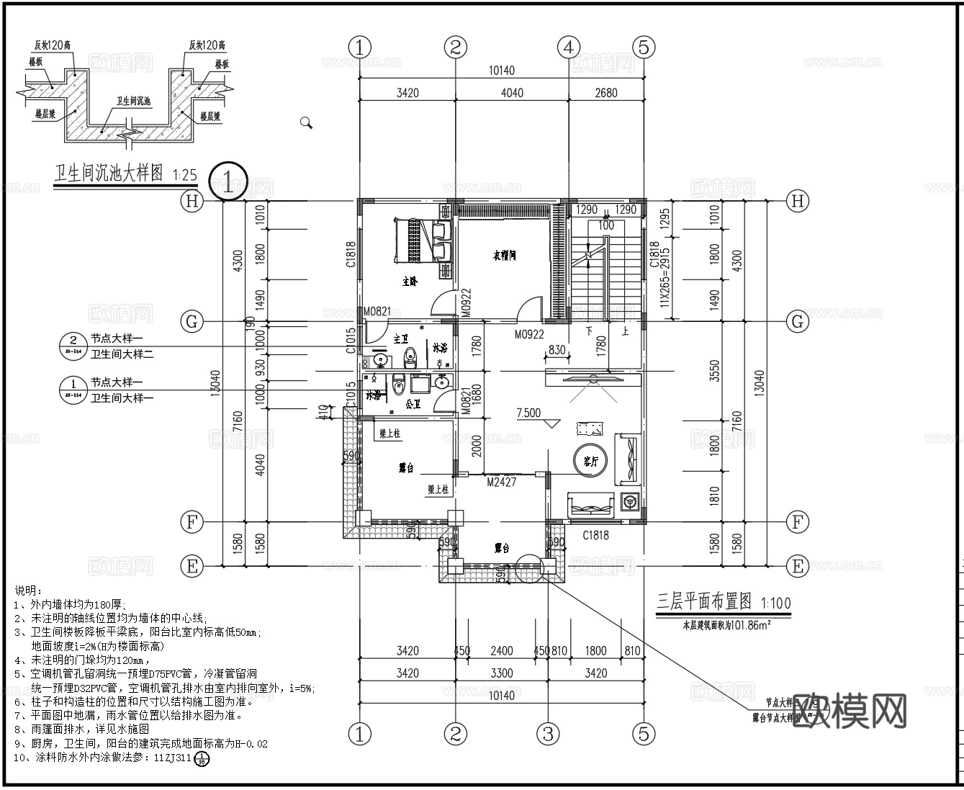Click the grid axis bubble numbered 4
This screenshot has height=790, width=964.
click(569, 48)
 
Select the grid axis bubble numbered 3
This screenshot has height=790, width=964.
click(549, 734)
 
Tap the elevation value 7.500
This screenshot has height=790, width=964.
click(528, 413)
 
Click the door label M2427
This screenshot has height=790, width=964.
click(501, 482)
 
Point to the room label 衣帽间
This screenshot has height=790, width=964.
click(504, 256)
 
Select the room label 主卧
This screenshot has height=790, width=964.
click(409, 282)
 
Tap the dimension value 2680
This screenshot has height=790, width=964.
click(606, 93)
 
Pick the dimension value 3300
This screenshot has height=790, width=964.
click(501, 673)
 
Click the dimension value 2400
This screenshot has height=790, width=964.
click(501, 651)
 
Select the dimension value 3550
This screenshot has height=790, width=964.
click(715, 370)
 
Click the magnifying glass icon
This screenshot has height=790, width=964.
click(306, 122)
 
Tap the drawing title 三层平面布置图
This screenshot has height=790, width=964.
click(704, 601)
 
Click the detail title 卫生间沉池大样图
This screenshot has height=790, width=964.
click(109, 174)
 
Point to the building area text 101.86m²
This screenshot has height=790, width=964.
click(727, 625)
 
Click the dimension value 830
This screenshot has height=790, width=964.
click(557, 349)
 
